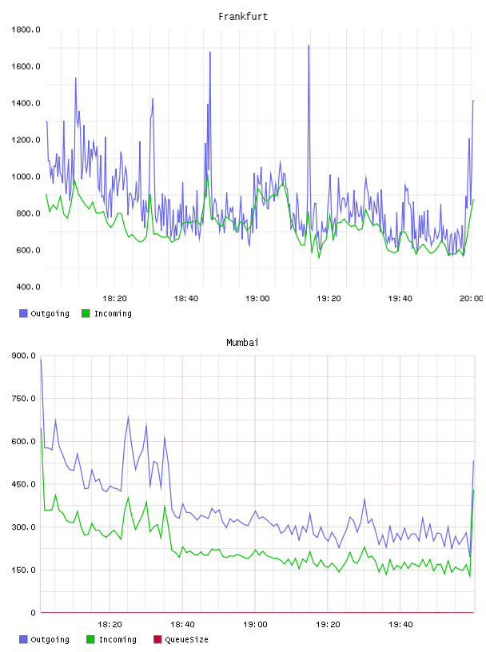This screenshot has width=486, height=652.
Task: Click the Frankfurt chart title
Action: (x=243, y=16)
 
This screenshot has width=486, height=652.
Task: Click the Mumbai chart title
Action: (x=242, y=342)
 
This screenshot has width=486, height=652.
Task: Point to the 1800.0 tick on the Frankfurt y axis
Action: (x=26, y=30)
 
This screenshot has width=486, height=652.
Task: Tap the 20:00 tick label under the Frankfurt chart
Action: (x=472, y=298)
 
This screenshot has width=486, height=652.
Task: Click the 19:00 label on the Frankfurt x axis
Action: (x=257, y=298)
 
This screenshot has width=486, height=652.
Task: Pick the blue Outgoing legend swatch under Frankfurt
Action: (x=23, y=313)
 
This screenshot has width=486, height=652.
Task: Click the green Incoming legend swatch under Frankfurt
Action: (x=86, y=313)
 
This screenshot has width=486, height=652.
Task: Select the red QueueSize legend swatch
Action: (x=157, y=639)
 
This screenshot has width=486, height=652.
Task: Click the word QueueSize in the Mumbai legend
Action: (x=186, y=639)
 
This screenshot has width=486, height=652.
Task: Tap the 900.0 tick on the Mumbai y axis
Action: (x=24, y=356)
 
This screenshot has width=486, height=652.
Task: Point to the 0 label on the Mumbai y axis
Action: (x=33, y=613)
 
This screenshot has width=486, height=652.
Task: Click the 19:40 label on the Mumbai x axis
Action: (x=400, y=624)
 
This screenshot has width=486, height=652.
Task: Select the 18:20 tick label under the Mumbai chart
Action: (x=110, y=624)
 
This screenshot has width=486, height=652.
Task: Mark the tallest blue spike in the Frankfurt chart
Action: (x=309, y=46)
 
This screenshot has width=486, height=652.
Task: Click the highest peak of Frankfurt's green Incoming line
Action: (x=207, y=174)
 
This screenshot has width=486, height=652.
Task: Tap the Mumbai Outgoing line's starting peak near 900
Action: (x=42, y=360)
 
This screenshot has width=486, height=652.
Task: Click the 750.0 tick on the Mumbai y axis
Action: (x=24, y=399)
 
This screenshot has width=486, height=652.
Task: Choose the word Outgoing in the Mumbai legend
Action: (x=50, y=639)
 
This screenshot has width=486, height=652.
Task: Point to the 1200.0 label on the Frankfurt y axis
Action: (x=26, y=140)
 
